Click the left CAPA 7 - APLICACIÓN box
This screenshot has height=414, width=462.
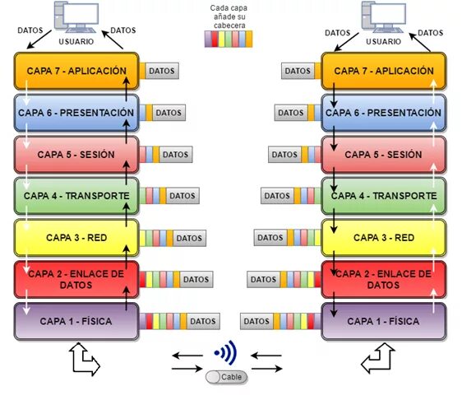(75, 72)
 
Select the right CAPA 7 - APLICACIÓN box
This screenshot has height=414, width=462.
(383, 72)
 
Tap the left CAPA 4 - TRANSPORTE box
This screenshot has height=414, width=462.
(75, 196)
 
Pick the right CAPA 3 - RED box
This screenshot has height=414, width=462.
(383, 238)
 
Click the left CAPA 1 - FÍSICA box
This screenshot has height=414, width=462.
(75, 321)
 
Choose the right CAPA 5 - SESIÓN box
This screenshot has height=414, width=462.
(383, 154)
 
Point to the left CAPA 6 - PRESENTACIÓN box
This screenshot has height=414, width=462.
(75, 113)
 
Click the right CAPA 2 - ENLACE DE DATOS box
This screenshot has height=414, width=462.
(383, 279)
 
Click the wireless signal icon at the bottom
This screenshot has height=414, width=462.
(226, 354)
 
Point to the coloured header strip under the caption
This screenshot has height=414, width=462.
(229, 38)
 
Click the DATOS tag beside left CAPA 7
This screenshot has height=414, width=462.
(162, 72)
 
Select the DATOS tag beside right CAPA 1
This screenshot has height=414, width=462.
(256, 321)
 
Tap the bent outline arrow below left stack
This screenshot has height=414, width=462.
(83, 359)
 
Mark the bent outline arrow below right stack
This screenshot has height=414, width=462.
(378, 359)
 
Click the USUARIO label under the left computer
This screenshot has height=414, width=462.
(76, 40)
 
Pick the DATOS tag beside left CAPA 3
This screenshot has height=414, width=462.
(188, 238)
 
